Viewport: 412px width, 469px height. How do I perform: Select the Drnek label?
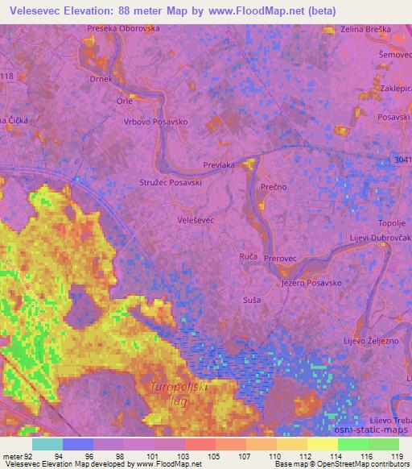(101, 81)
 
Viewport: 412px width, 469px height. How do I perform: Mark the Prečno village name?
(274, 186)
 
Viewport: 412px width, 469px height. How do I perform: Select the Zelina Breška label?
(366, 29)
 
